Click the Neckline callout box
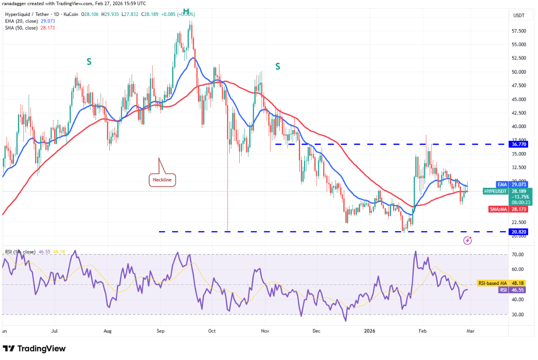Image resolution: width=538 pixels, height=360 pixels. [160, 179]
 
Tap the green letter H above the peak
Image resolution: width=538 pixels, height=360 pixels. [186, 11]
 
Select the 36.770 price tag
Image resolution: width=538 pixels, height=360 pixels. [519, 144]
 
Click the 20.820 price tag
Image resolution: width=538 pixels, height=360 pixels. [519, 231]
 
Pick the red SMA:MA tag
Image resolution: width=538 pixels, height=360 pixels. [519, 209]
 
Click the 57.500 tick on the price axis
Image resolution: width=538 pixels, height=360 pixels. [518, 31]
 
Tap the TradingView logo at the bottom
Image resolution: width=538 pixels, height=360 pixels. [34, 349]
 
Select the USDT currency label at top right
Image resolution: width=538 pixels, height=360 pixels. [519, 15]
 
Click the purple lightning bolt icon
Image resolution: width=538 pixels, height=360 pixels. [468, 240]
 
